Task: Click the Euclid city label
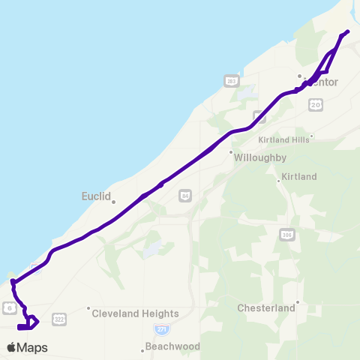point(95,196)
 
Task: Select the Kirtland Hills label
point(283,139)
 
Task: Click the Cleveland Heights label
point(135,313)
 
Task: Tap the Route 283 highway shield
point(232,81)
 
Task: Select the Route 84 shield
point(185,196)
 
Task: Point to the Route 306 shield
point(286,235)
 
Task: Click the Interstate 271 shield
point(161,329)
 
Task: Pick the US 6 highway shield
point(7,307)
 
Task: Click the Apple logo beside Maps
point(11,347)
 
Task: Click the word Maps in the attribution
point(32,347)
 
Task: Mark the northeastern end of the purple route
point(348,31)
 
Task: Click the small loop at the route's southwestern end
point(28,323)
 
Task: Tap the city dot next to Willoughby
point(231,151)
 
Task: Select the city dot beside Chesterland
point(298,303)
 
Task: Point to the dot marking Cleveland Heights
point(88,307)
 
